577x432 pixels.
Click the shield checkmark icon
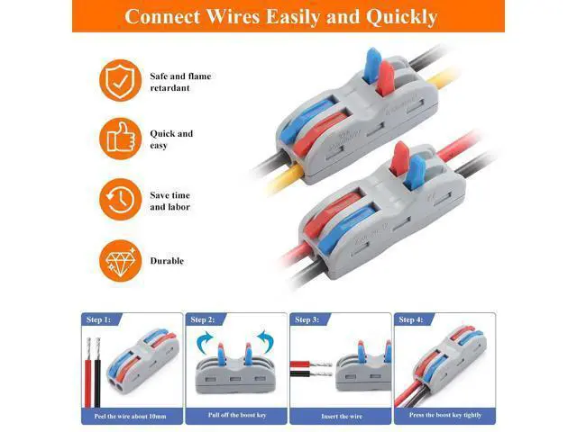point(120,80)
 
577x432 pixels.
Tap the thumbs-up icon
point(120,139)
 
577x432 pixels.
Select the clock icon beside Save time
point(120,200)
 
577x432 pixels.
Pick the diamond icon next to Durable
point(120,260)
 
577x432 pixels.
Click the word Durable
point(167,261)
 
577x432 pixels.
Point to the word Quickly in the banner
point(401,17)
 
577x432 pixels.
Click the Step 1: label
point(98,319)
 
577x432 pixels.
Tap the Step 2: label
point(202,319)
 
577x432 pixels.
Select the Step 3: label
point(307,319)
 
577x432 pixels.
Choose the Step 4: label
point(411,319)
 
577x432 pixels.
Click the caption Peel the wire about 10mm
point(130,416)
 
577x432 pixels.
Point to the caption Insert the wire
point(342,416)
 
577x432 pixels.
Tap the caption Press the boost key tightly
point(445,415)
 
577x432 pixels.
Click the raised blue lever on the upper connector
point(372,64)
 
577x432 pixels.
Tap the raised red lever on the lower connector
point(399,157)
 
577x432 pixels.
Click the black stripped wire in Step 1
point(97,372)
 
